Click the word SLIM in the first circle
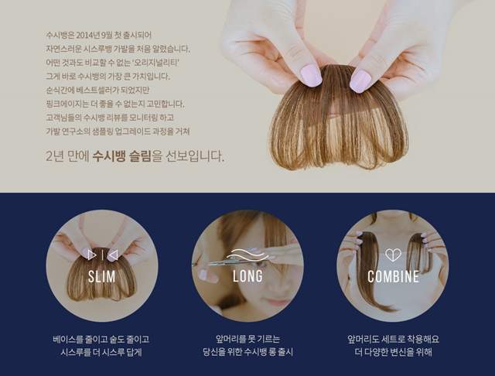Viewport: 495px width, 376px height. coord(101,276)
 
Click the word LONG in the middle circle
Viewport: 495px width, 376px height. coord(247,276)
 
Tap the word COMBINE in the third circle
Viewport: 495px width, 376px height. coord(394,276)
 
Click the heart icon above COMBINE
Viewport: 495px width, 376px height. coord(393,255)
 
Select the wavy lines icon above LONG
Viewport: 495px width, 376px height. coord(247,254)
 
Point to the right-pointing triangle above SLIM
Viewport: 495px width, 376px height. coord(92,255)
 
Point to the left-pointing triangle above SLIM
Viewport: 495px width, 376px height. coord(113,255)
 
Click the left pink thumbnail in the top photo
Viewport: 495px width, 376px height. coord(311,76)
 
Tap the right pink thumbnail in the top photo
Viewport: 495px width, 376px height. coord(360,81)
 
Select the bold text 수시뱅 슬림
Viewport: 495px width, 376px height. coord(122,156)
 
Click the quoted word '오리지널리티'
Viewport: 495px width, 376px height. coord(156,63)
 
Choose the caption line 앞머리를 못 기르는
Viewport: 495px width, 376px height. coord(247,339)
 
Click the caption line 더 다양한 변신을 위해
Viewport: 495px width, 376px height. coord(393,352)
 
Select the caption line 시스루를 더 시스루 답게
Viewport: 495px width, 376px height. coord(101,352)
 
